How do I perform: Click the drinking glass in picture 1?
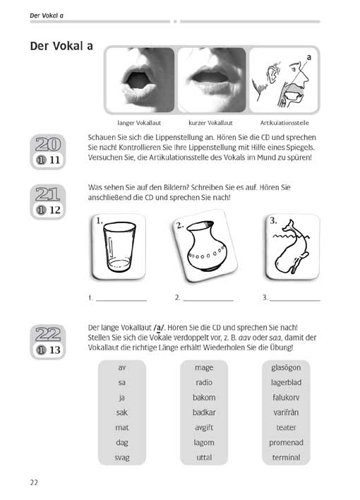point(119,246)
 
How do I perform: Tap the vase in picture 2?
point(206,246)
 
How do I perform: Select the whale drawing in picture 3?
point(291,246)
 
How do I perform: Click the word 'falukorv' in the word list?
point(286,398)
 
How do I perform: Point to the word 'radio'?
point(204,382)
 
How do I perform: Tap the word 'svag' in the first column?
point(122,458)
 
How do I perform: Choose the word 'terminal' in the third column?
point(286,457)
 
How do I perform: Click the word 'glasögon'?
point(286,368)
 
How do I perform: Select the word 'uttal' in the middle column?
point(204,457)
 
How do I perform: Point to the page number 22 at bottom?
point(34,482)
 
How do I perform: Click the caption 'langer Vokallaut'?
point(139,123)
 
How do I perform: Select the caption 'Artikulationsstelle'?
point(284,123)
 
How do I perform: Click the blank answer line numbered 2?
point(208,300)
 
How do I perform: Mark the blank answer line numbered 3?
point(295,300)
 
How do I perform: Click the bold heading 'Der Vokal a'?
point(61,46)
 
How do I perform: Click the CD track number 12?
point(55,210)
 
